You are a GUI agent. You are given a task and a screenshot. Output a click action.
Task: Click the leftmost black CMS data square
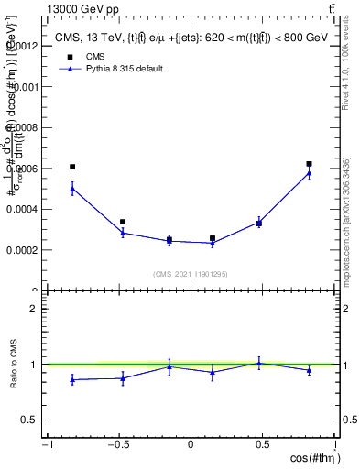click(x=72, y=167)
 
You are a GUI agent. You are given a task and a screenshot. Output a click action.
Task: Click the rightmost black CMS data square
click(x=309, y=164)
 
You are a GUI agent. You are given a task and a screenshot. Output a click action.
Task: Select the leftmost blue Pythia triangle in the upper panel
click(x=72, y=189)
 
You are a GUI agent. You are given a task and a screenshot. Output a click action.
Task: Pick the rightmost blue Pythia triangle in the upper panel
click(x=309, y=172)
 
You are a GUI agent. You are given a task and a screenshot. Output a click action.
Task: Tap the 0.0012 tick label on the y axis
click(x=24, y=46)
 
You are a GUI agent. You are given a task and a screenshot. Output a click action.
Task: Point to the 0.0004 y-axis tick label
click(x=24, y=209)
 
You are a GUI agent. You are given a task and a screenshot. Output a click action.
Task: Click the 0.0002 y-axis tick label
click(x=24, y=250)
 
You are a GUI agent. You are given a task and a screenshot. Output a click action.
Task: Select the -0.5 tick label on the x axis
click(x=118, y=445)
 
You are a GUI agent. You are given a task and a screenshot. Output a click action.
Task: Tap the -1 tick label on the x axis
click(x=46, y=445)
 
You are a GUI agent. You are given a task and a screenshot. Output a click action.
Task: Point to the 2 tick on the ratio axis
click(x=35, y=309)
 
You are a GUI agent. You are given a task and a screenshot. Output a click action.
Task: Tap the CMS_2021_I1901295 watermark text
click(x=190, y=274)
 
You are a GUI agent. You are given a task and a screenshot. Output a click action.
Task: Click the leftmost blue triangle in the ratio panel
click(x=72, y=379)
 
